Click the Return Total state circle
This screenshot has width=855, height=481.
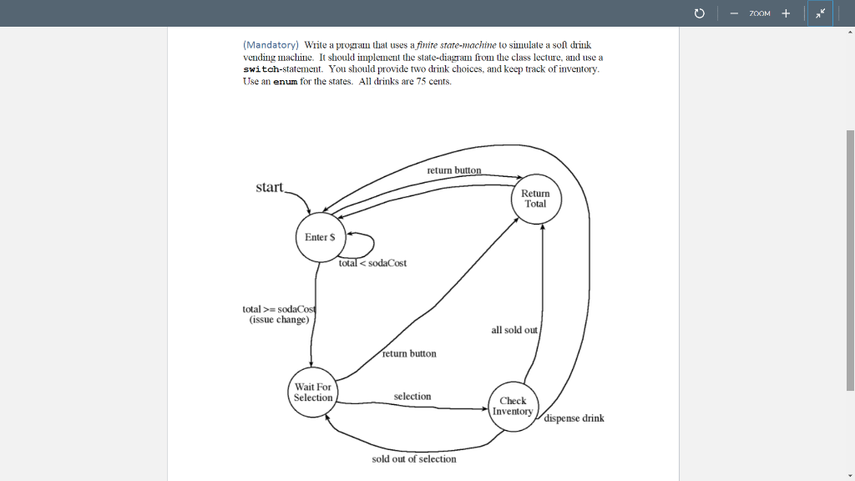point(536,199)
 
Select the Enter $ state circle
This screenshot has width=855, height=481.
point(320,237)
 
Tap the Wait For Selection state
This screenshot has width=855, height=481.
point(313,392)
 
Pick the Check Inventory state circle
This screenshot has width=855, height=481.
point(513,407)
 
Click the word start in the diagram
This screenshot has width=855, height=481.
point(270,187)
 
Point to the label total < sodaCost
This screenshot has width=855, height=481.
point(373,263)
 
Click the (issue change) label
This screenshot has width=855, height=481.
point(279,320)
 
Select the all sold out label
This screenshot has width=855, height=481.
point(514,330)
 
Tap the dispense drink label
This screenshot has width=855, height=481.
point(574,418)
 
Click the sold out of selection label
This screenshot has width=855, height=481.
point(414,458)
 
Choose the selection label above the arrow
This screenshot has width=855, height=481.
point(412,397)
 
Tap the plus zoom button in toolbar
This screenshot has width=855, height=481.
point(786,13)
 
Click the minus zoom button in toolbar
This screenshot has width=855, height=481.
point(733,13)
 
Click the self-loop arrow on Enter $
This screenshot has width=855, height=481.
point(363,244)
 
